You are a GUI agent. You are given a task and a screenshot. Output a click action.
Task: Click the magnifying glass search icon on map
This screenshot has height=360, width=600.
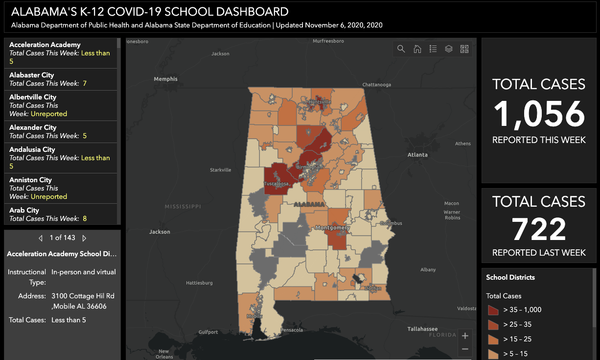coord(401,49)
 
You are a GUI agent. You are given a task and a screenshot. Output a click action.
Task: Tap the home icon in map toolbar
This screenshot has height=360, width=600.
coord(417,49)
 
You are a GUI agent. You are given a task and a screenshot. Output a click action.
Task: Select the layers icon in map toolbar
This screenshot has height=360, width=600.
coord(449,49)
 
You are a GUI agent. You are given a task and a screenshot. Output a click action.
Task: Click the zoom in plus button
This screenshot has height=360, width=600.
coord(465,336)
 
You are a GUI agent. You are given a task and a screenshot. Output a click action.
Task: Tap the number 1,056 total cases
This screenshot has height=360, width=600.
coord(539,114)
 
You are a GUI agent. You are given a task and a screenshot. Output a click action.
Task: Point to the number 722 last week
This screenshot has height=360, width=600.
coord(539,229)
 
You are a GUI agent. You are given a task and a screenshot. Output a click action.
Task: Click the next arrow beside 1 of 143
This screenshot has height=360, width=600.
coord(84,238)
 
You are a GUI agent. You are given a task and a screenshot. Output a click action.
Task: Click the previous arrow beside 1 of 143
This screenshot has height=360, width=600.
coord(41,238)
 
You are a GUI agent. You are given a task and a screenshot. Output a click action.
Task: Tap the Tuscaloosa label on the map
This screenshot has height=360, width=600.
coord(276,184)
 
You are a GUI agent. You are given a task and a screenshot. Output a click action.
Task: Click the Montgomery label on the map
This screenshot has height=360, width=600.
coord(332,228)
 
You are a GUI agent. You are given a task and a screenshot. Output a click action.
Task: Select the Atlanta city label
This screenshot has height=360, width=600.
coord(417,155)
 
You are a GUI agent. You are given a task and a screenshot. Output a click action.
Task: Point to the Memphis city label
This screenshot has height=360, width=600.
coord(165,79)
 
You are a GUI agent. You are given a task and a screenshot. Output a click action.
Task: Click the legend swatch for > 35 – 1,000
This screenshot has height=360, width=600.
coord(493,310)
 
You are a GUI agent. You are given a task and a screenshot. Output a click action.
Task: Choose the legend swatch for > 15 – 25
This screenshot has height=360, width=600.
coord(493,339)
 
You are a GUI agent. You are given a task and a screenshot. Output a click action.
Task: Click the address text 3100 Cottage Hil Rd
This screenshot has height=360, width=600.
coord(83,296)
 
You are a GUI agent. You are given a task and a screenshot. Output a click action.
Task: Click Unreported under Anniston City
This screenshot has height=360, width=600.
coord(49,196)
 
